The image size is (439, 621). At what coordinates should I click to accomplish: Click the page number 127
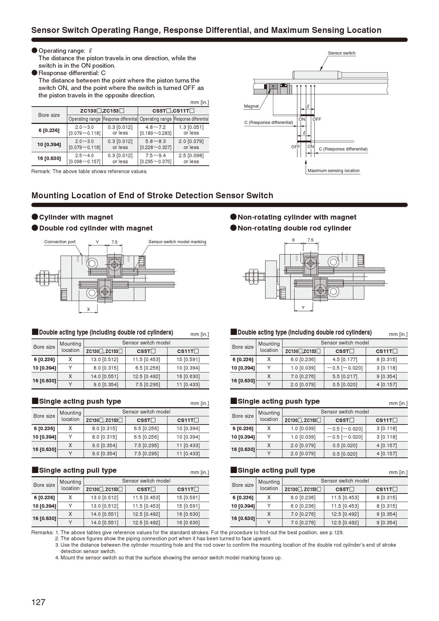coord(38,602)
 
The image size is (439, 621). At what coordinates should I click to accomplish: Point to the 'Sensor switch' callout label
coord(341,53)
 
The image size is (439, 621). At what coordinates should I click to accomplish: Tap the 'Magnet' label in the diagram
coord(251,106)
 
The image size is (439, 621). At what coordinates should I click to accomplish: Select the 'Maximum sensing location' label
coord(333,171)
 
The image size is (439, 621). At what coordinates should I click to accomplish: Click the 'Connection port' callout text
coord(60,242)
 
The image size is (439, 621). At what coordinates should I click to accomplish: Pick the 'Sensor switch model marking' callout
coord(177,242)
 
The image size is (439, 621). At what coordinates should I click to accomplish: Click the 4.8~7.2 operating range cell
coord(156,130)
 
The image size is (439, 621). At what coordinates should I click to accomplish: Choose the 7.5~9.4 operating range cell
coord(156,158)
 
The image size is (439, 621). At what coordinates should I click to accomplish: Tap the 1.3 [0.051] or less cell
coord(191,130)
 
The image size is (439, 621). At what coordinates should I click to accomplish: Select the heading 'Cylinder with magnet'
coord(76,217)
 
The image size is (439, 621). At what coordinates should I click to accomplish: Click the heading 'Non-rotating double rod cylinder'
coord(294,228)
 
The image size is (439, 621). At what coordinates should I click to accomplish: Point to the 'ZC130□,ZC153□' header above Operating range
coord(102,110)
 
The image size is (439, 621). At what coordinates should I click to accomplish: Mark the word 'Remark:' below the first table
coord(41,171)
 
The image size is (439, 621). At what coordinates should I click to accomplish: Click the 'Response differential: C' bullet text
coord(72,73)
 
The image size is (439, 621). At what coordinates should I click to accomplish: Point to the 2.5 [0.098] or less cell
coord(191,158)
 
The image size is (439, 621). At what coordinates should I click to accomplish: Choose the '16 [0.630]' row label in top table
coord(49,158)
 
